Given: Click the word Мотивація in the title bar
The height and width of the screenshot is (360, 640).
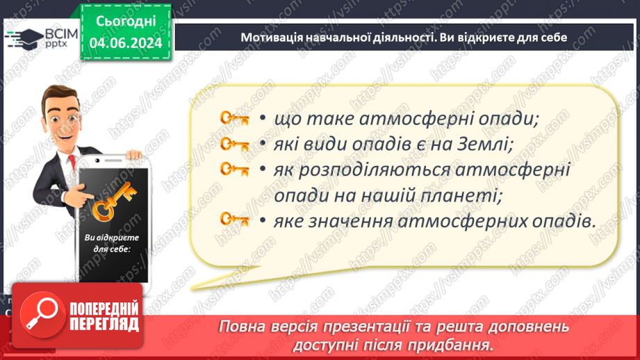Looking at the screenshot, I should click(270, 38).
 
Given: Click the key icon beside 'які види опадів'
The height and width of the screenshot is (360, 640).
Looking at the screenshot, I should click(234, 145).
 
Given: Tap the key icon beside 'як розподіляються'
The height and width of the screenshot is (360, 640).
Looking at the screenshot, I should click(234, 170).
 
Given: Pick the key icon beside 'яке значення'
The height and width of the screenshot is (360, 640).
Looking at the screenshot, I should click(234, 220).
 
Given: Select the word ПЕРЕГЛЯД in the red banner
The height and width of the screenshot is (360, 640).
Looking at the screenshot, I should click(104, 323).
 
